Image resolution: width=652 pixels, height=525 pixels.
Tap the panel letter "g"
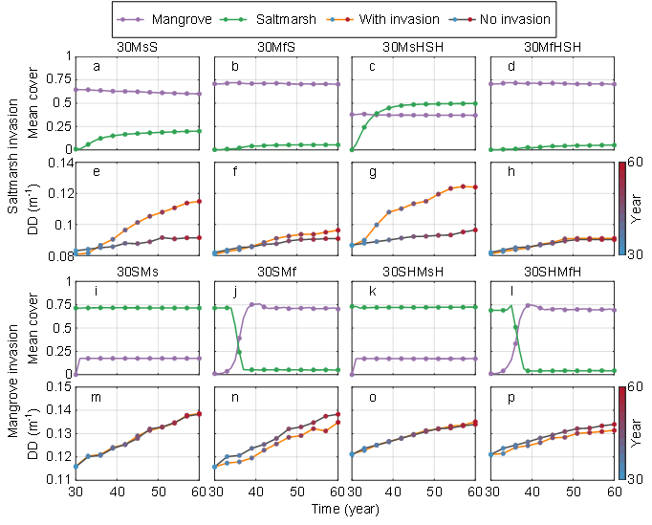372,172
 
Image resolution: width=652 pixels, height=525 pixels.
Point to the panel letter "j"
233,291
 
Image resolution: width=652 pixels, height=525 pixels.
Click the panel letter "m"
97,397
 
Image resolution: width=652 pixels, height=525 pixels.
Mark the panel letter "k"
372,291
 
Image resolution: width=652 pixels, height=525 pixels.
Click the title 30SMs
138,272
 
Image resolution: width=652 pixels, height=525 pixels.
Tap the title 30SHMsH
413,272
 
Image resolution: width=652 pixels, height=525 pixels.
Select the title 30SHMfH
553,272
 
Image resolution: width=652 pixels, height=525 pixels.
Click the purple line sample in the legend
130,19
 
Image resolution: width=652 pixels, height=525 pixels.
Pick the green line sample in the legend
233,19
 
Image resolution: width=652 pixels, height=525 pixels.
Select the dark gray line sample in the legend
463,19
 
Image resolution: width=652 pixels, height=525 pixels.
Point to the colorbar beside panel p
622,432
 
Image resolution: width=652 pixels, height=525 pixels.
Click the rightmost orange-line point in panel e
199,201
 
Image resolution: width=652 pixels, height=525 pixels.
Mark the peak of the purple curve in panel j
253,304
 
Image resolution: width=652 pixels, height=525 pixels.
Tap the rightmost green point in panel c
475,103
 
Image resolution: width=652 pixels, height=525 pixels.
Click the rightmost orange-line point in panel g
475,187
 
